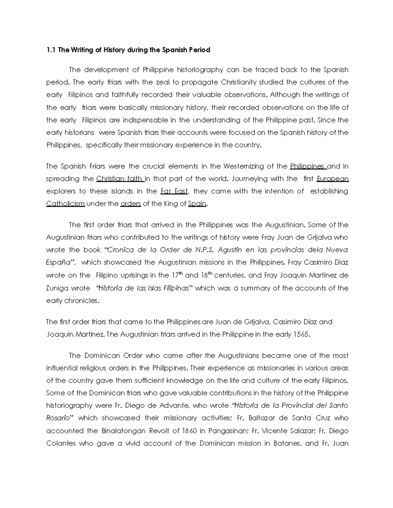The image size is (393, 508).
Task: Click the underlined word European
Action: click(332, 179)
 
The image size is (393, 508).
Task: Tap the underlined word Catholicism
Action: click(65, 204)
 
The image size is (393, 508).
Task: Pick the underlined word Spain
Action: click(197, 204)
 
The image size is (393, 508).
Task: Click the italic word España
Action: click(60, 262)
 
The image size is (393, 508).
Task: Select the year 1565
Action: click(301, 335)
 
